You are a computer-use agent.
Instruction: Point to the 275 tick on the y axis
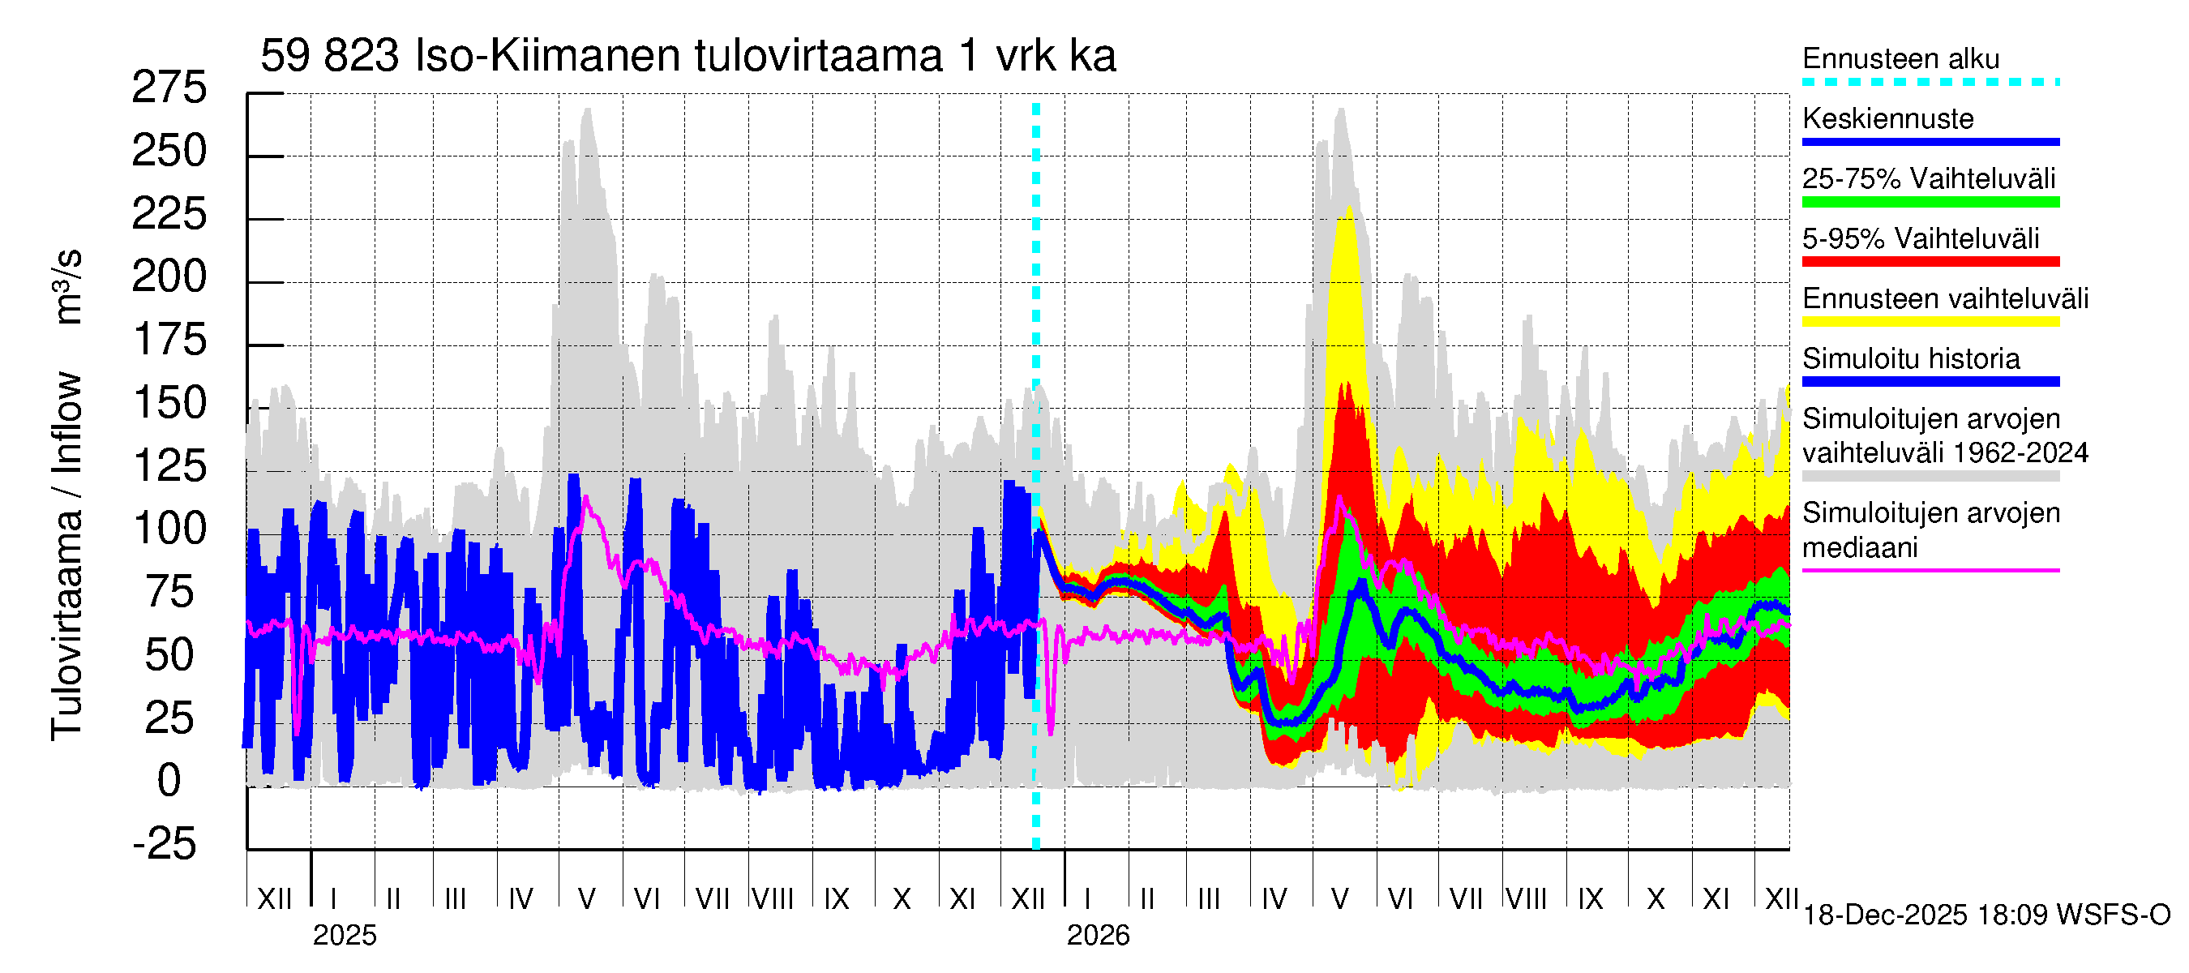pos(169,88)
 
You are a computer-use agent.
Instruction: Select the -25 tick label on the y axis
pos(165,844)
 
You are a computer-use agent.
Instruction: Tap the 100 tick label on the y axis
pos(170,529)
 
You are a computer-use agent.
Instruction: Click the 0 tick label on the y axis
pos(169,781)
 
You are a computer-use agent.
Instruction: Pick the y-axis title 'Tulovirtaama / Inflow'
pos(66,556)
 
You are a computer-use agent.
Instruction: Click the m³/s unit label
pos(68,286)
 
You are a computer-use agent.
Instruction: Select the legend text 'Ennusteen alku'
pos(1900,58)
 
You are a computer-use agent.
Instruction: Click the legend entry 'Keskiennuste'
pos(1887,119)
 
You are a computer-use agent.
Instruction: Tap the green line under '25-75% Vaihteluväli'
pos(1930,202)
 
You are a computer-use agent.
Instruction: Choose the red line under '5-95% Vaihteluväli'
pos(1930,262)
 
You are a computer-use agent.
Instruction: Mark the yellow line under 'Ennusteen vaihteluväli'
pos(1930,322)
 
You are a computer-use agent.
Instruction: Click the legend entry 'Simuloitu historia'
pos(1910,358)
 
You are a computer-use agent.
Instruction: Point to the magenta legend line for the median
pos(1930,570)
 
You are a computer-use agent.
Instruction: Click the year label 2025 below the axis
pos(344,936)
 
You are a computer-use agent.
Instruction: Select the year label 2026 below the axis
pos(1098,936)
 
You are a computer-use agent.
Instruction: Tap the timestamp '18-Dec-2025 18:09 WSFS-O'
pos(1986,915)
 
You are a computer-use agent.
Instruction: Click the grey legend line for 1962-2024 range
pos(1930,477)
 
